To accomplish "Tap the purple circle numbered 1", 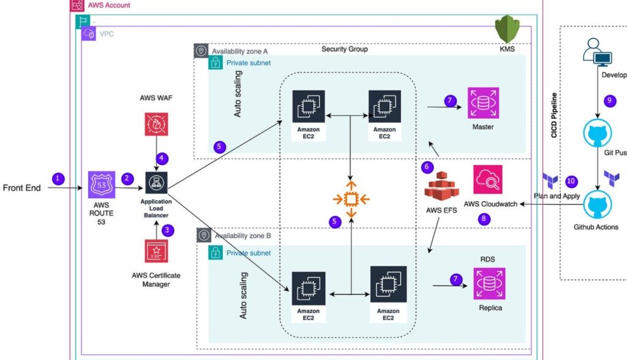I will pos(58,179).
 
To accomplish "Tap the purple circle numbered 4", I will pos(162,158).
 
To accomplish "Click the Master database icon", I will pos(484,102).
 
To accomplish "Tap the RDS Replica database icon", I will pos(489,283).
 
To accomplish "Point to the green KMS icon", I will pos(507,29).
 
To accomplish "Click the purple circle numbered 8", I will pos(485,219).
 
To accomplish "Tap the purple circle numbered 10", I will pos(571,181).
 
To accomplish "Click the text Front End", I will pos(22,188).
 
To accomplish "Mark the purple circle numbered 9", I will pos(609,100).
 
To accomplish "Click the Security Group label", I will pos(344,49).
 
